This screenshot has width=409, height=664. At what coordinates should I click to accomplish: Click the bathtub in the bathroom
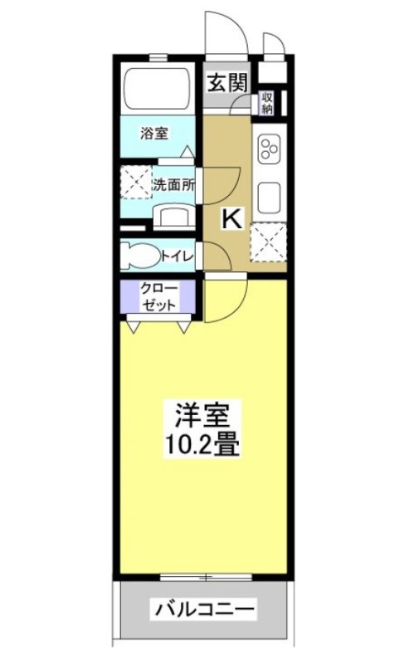coord(158,86)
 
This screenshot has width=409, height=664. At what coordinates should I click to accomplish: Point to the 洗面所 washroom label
coord(173,185)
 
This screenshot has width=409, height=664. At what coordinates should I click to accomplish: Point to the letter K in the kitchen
coord(231,219)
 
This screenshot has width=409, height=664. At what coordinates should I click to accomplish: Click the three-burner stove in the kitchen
coord(270,150)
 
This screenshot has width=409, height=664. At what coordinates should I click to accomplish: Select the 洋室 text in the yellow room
coord(207,413)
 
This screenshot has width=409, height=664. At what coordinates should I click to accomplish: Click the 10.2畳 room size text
coord(207,446)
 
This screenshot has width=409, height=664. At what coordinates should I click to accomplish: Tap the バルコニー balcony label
coord(202,610)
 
